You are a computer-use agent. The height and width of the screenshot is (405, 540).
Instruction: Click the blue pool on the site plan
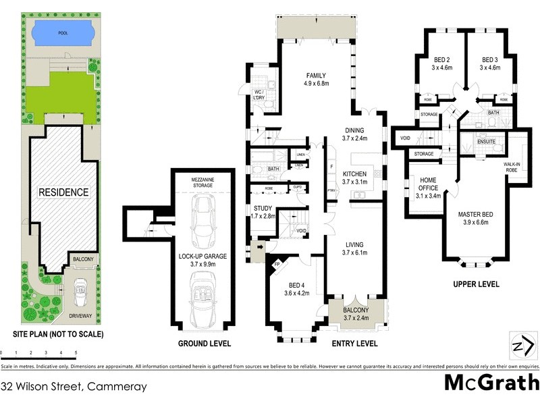point(61,31)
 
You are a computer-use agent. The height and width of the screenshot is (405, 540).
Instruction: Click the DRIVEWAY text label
point(80,315)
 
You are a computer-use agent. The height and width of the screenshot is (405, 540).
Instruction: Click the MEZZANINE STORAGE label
point(202,181)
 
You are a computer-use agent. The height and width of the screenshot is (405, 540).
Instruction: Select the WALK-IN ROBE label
point(515,167)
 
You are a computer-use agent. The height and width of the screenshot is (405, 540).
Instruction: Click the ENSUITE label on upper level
point(487,142)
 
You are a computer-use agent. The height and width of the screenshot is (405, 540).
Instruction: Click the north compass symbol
point(519,346)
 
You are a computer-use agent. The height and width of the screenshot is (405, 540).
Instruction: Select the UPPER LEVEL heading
point(476,284)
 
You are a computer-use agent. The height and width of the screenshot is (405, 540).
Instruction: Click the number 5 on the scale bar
point(76,353)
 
